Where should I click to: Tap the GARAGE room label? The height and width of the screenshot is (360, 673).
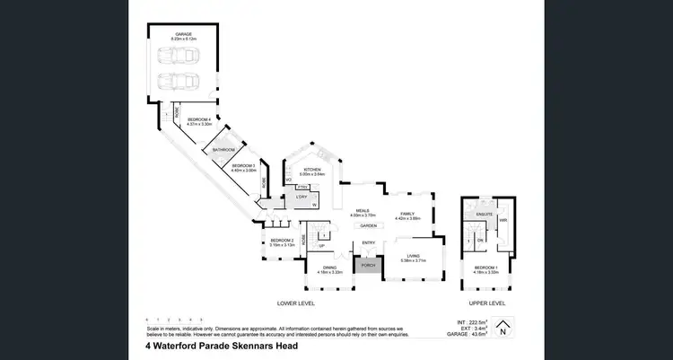coord(184,34)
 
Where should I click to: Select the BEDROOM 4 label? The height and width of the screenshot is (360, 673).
coord(198,119)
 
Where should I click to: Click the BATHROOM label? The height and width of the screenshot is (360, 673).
coord(223,149)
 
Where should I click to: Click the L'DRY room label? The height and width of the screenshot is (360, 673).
coord(302,197)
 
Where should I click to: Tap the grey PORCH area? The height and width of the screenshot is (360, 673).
coord(368,266)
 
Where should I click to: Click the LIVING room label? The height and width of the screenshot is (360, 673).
coord(413,256)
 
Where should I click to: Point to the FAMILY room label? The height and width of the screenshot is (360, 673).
coord(408,213)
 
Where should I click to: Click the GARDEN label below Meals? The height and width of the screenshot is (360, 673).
coord(369,226)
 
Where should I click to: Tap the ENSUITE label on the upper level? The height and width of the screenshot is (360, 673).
coord(481,215)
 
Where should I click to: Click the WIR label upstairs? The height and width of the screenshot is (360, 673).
coord(503,219)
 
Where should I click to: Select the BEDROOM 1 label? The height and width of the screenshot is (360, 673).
coord(485,268)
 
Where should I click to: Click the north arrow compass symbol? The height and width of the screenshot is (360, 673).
coord(503,329)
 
